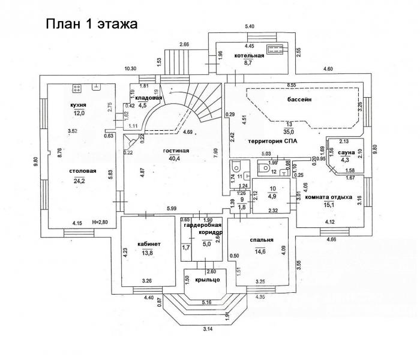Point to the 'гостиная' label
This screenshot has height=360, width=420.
tap(176, 150)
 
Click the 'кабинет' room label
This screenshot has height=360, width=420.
tap(149, 244)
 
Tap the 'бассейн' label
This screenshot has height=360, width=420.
tap(298, 101)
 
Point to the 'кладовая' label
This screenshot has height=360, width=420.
tap(149, 97)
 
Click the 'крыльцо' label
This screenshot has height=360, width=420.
tap(207, 280)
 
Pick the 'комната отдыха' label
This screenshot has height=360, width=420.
tap(328, 197)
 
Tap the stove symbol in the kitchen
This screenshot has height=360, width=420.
tap(76, 90)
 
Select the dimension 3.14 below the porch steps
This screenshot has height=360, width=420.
tap(208, 329)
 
